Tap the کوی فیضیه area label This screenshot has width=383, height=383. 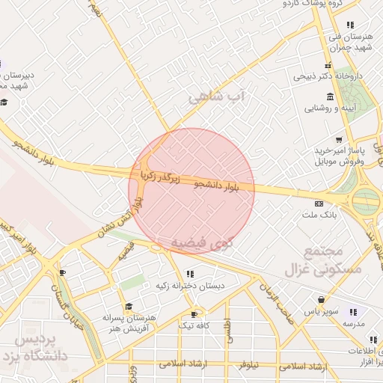point(202,243)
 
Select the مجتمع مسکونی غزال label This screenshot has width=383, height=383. point(334,261)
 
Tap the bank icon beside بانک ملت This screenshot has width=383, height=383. point(319,203)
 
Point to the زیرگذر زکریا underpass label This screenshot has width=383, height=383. point(162,177)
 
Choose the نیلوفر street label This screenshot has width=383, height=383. point(248,366)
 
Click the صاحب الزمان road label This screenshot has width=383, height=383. point(275,296)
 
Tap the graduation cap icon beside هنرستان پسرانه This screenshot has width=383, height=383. point(129,307)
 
